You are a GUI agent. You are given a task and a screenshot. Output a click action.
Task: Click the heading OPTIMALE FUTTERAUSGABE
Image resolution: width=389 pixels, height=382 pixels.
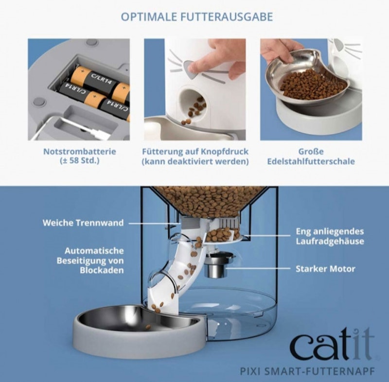click(197, 17)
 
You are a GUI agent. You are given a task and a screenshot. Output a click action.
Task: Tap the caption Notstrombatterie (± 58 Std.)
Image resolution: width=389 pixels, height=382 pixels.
click(80, 156)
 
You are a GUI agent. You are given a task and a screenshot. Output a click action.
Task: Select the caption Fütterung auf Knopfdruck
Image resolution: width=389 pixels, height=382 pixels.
click(195, 151)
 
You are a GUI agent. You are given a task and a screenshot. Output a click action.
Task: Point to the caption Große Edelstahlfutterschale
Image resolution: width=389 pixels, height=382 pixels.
click(311, 156)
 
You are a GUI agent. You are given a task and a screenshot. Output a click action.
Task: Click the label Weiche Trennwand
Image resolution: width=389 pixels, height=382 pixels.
click(83, 223)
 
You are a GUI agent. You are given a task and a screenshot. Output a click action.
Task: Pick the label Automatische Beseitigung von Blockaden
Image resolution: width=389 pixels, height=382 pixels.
click(90, 260)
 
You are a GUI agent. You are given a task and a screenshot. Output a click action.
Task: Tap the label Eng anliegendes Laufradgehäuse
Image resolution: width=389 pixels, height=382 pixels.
click(330, 236)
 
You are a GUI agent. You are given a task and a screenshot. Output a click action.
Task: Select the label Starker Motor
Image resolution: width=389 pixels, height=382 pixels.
click(325, 268)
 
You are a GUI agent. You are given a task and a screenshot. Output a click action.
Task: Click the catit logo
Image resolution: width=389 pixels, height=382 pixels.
click(332, 343)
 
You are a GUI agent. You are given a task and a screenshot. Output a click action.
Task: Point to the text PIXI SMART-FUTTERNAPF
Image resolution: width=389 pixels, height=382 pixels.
click(307, 372)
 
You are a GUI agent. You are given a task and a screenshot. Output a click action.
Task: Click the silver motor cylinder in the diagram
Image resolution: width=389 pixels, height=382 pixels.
click(215, 268)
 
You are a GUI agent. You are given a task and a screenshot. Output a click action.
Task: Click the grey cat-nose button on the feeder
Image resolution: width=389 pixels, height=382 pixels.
click(192, 69)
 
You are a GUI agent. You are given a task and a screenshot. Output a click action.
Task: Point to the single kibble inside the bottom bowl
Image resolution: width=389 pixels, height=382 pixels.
click(148, 327)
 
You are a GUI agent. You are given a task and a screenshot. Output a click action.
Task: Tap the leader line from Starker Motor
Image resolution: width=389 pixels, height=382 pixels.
click(259, 268)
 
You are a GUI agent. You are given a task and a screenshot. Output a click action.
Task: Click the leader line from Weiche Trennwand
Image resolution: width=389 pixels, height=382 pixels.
click(155, 223)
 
